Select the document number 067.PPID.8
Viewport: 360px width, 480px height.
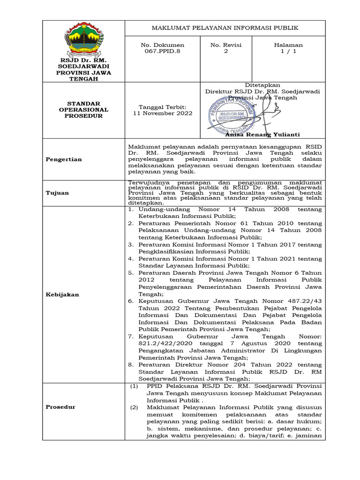(x=163, y=52)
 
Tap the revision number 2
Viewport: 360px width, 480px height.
(x=225, y=52)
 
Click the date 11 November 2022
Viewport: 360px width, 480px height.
(x=163, y=113)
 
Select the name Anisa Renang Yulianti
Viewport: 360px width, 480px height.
(x=262, y=135)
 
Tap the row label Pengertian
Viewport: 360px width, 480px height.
(x=64, y=159)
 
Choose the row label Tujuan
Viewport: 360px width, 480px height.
(x=57, y=193)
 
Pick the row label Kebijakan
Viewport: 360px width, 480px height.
(x=62, y=294)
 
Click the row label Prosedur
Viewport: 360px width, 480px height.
(x=60, y=407)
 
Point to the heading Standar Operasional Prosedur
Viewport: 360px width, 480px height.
(x=84, y=110)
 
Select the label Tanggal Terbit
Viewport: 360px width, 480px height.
(x=163, y=107)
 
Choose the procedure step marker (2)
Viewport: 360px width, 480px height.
(x=135, y=407)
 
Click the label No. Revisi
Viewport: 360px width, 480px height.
(x=225, y=45)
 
